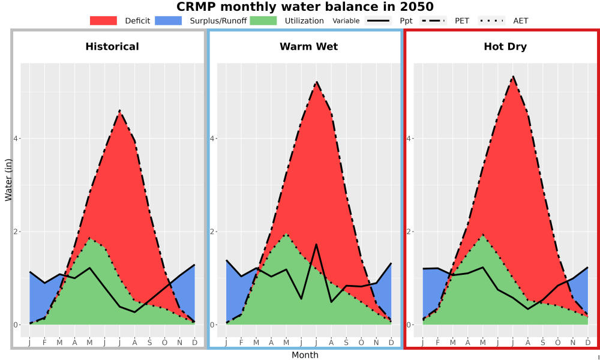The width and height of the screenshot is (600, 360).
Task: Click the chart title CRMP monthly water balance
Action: pyautogui.click(x=305, y=7)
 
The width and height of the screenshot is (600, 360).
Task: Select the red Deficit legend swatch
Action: pyautogui.click(x=103, y=20)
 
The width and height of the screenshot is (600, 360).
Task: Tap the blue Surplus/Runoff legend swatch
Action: pyautogui.click(x=169, y=20)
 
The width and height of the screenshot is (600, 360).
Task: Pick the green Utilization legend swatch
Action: pyautogui.click(x=263, y=20)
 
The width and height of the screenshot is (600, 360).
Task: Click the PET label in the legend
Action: pyautogui.click(x=462, y=21)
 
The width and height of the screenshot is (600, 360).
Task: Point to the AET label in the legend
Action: pyautogui.click(x=520, y=21)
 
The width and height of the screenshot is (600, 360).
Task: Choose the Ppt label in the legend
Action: pyautogui.click(x=406, y=21)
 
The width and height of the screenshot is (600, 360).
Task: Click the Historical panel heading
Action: pyautogui.click(x=112, y=47)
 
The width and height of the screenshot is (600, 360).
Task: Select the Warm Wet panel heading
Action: pyautogui.click(x=309, y=47)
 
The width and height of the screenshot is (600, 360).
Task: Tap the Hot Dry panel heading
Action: pyautogui.click(x=505, y=47)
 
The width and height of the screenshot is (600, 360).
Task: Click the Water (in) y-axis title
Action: pyautogui.click(x=8, y=180)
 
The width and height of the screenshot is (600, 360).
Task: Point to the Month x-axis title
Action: pyautogui.click(x=305, y=355)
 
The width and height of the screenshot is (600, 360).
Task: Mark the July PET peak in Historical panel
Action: pyautogui.click(x=119, y=110)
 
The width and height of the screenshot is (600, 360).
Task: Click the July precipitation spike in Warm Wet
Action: pyautogui.click(x=316, y=244)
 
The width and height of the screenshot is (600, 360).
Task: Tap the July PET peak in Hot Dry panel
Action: pyautogui.click(x=513, y=77)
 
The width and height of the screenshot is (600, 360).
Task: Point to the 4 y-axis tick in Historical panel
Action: pyautogui.click(x=17, y=138)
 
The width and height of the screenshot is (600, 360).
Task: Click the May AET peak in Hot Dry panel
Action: pyautogui.click(x=483, y=234)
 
